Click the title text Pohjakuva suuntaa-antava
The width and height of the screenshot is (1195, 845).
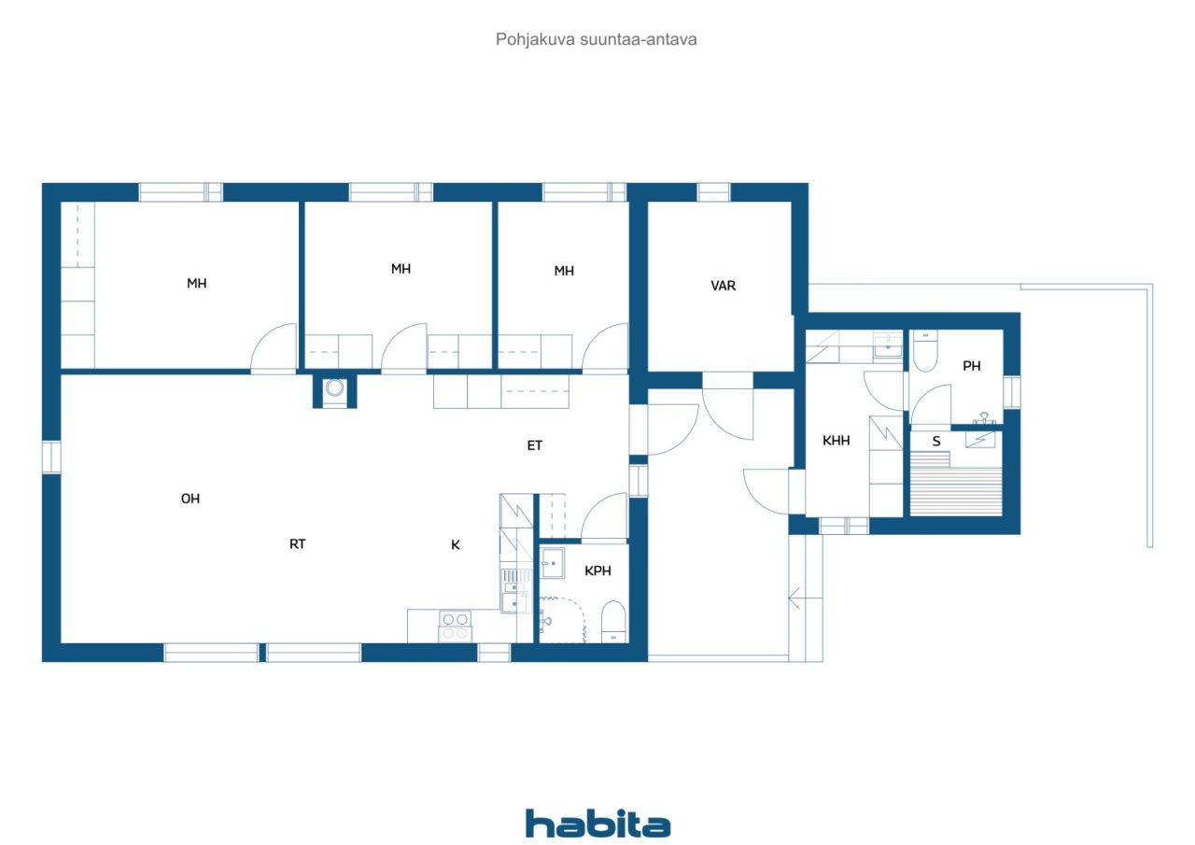(x=596, y=39)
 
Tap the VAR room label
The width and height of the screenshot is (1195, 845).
(x=723, y=286)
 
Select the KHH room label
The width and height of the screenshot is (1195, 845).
(x=836, y=441)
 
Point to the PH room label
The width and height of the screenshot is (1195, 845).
(x=972, y=366)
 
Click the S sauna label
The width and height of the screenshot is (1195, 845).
(x=936, y=441)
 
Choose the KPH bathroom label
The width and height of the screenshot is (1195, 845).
(x=597, y=570)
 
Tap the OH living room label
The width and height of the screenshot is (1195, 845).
(x=190, y=499)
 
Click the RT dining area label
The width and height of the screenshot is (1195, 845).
(x=297, y=544)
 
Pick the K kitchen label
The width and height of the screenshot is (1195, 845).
(x=455, y=544)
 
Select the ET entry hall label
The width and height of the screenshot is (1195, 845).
(x=535, y=445)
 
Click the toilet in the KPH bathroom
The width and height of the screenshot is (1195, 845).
(x=613, y=622)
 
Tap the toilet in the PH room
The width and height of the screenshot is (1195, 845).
(x=925, y=351)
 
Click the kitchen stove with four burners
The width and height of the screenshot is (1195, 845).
(x=455, y=626)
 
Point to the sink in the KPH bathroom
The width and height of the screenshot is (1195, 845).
(x=553, y=563)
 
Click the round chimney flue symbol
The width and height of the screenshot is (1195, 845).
(x=334, y=387)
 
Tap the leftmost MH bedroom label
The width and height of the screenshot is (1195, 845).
(x=196, y=283)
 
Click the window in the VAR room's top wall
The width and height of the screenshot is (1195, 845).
(x=713, y=192)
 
